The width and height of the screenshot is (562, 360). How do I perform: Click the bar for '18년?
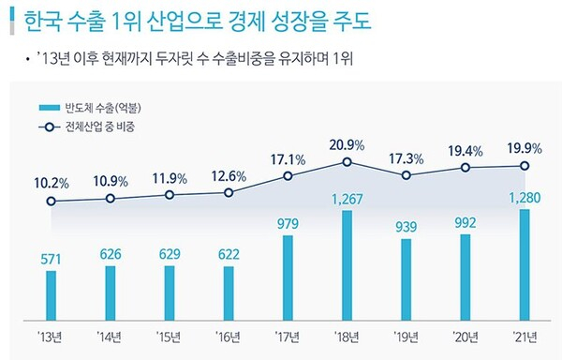point(348,264)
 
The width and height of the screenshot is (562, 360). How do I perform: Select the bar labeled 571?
point(52,294)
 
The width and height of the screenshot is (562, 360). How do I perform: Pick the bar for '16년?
point(229,292)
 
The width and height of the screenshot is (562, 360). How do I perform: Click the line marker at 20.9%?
point(348,162)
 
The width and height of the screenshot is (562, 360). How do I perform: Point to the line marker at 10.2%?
point(52,201)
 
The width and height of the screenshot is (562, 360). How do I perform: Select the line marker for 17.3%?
point(407,175)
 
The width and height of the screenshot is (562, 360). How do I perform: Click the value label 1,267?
point(348,198)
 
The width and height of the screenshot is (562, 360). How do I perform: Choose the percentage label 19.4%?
point(466,148)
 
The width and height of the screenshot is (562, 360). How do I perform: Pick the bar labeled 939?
point(407,278)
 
